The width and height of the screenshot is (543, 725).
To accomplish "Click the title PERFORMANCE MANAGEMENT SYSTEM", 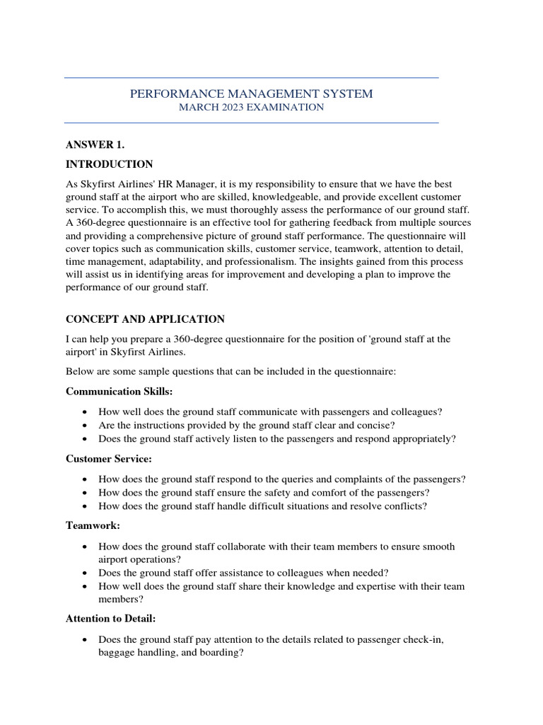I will click(251, 93).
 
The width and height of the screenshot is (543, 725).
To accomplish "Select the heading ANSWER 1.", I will click(95, 145).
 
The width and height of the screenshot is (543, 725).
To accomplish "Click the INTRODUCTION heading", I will click(109, 164).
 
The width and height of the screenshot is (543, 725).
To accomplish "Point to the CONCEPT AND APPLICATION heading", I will click(145, 319).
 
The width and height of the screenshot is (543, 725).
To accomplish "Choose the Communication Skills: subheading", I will click(119, 392).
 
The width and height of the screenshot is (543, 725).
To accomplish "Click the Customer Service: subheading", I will click(108, 459).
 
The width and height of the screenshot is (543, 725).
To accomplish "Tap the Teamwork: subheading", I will click(93, 526).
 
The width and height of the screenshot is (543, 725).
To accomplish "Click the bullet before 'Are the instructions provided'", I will click(85, 426).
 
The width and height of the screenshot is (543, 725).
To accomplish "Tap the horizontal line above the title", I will click(251, 78).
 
